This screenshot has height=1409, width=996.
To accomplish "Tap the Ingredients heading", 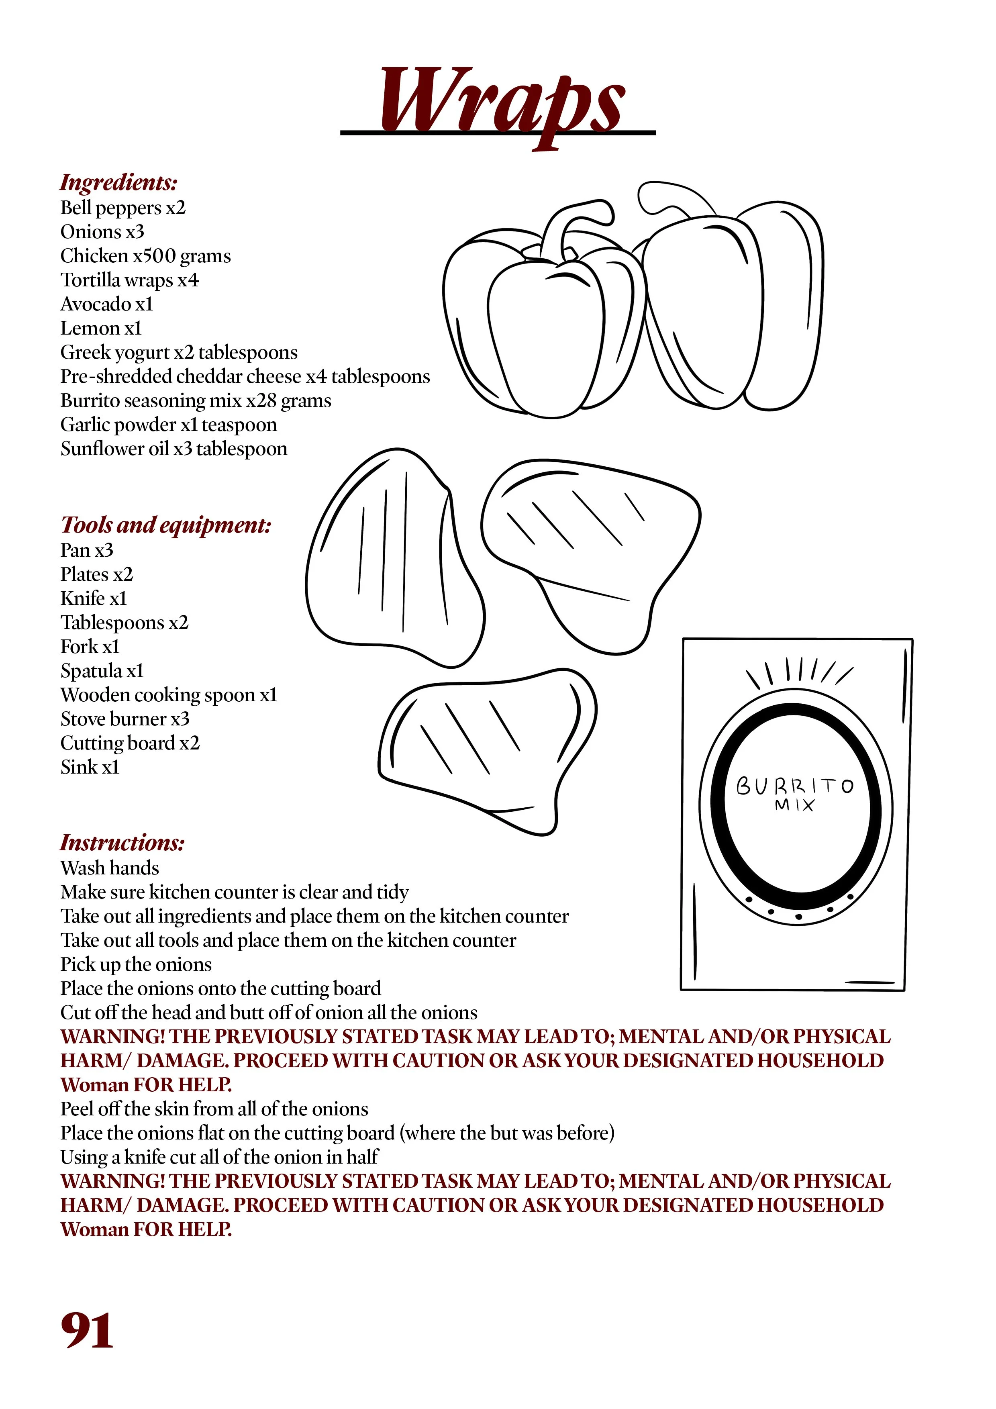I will point(119,182).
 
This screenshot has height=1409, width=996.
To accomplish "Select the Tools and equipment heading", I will point(166,525).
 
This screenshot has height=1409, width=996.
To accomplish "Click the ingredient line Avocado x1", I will point(106,304).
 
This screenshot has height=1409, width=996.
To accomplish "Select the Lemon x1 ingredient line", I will point(101,328).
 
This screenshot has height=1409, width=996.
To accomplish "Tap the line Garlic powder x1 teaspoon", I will point(168,425).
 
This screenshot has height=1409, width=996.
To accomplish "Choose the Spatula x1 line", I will point(102,671).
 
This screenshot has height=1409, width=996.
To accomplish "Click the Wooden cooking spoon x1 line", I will point(168,695).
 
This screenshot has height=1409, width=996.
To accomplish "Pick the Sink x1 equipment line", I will point(90,767).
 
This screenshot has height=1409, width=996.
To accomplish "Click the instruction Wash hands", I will point(109,868).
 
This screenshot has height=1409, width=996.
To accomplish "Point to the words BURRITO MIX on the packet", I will point(795,794).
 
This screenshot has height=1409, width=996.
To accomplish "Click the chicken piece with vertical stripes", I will point(393,558).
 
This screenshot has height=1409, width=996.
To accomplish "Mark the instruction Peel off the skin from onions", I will point(214,1109).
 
